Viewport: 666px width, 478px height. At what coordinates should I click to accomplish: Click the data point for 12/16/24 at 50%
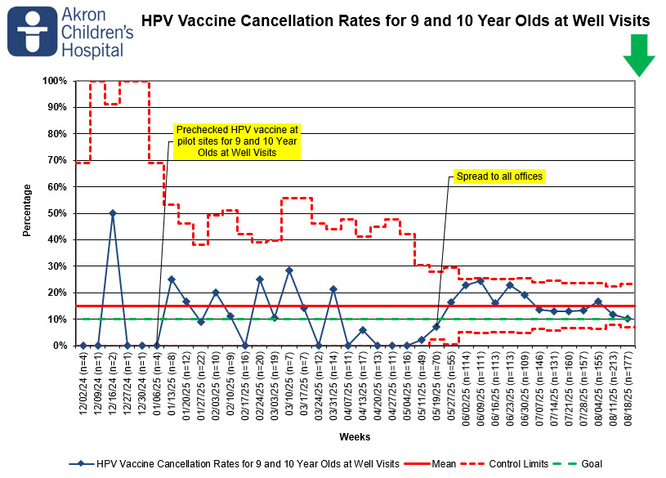click(113, 213)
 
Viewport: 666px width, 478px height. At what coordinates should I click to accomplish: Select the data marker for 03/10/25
click(289, 270)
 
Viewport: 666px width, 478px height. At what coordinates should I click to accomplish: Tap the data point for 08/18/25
click(628, 318)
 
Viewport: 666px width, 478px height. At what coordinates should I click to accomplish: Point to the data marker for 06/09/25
click(481, 281)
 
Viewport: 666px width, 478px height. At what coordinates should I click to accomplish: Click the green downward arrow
click(639, 56)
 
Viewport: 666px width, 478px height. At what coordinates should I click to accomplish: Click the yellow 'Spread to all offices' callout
click(499, 176)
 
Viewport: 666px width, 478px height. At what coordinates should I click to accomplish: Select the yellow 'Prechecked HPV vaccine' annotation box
click(237, 141)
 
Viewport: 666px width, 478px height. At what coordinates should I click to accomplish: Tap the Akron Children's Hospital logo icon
click(33, 31)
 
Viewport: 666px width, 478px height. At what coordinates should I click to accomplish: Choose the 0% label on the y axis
click(60, 346)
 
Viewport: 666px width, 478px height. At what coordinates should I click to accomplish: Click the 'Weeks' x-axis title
click(355, 437)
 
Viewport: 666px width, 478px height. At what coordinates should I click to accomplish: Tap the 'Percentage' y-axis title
click(27, 210)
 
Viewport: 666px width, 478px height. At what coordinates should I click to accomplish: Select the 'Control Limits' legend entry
click(504, 464)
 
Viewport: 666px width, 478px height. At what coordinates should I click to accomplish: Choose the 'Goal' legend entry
click(578, 464)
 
